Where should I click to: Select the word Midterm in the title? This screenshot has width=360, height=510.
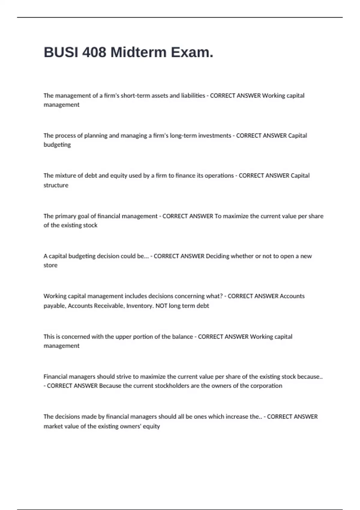pos(138,52)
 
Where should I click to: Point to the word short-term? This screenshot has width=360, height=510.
pos(135,96)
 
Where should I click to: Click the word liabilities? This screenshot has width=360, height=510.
pos(193,96)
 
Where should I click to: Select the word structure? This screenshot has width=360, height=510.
pos(56,185)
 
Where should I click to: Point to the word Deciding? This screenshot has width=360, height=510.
pos(217,256)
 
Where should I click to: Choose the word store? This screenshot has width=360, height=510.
pos(50,265)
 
